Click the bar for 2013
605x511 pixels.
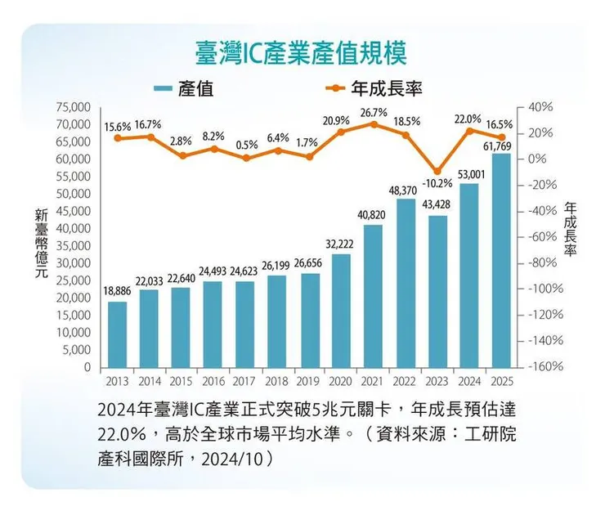point(118,335)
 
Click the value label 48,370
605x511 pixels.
point(405,190)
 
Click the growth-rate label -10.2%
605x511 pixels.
point(437,182)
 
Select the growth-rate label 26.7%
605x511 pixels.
point(373,112)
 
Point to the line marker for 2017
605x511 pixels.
point(245,158)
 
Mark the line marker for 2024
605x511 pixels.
point(468,131)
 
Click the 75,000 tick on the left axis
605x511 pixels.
point(71,107)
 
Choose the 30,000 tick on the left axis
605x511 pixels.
point(71,263)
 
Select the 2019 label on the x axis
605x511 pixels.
point(309,381)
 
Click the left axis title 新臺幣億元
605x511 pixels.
point(40,245)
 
